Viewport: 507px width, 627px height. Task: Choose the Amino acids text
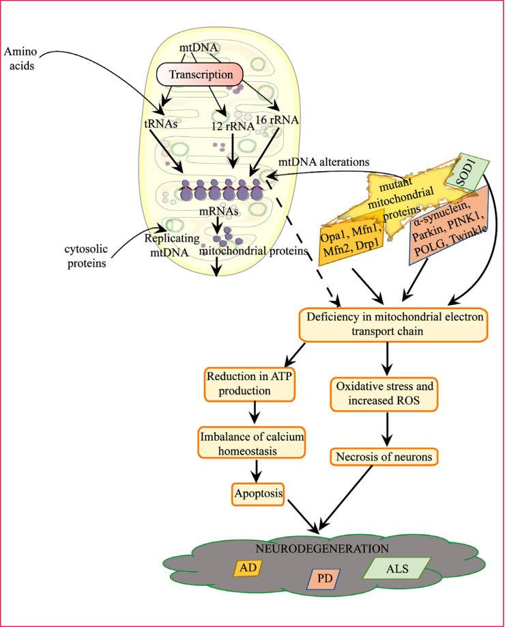coord(21,59)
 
